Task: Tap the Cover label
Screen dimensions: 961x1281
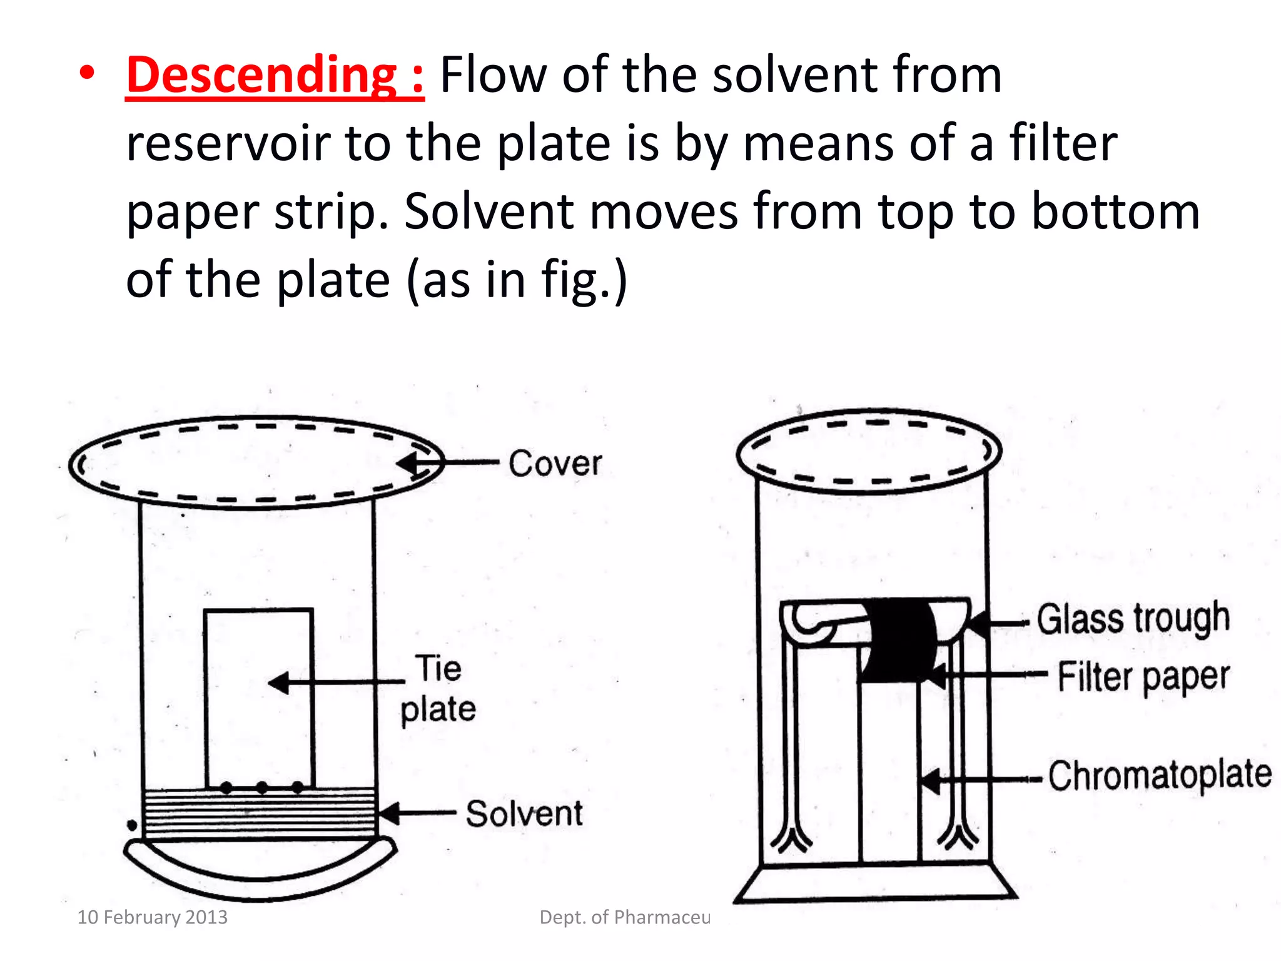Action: coord(555,464)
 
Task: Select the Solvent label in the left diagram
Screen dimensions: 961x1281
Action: coord(524,813)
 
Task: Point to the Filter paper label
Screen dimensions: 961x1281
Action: coord(1143,677)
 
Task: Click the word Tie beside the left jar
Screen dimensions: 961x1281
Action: coord(439,668)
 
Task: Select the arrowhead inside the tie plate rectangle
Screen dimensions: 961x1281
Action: coord(279,683)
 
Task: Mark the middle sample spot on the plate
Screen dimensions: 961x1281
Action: coord(262,787)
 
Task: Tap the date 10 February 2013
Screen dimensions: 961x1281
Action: coord(152,917)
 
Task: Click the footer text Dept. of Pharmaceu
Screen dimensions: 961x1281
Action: coord(624,917)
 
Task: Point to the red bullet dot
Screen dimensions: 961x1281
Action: coord(87,73)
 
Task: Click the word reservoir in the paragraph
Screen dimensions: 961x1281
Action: coord(228,144)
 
